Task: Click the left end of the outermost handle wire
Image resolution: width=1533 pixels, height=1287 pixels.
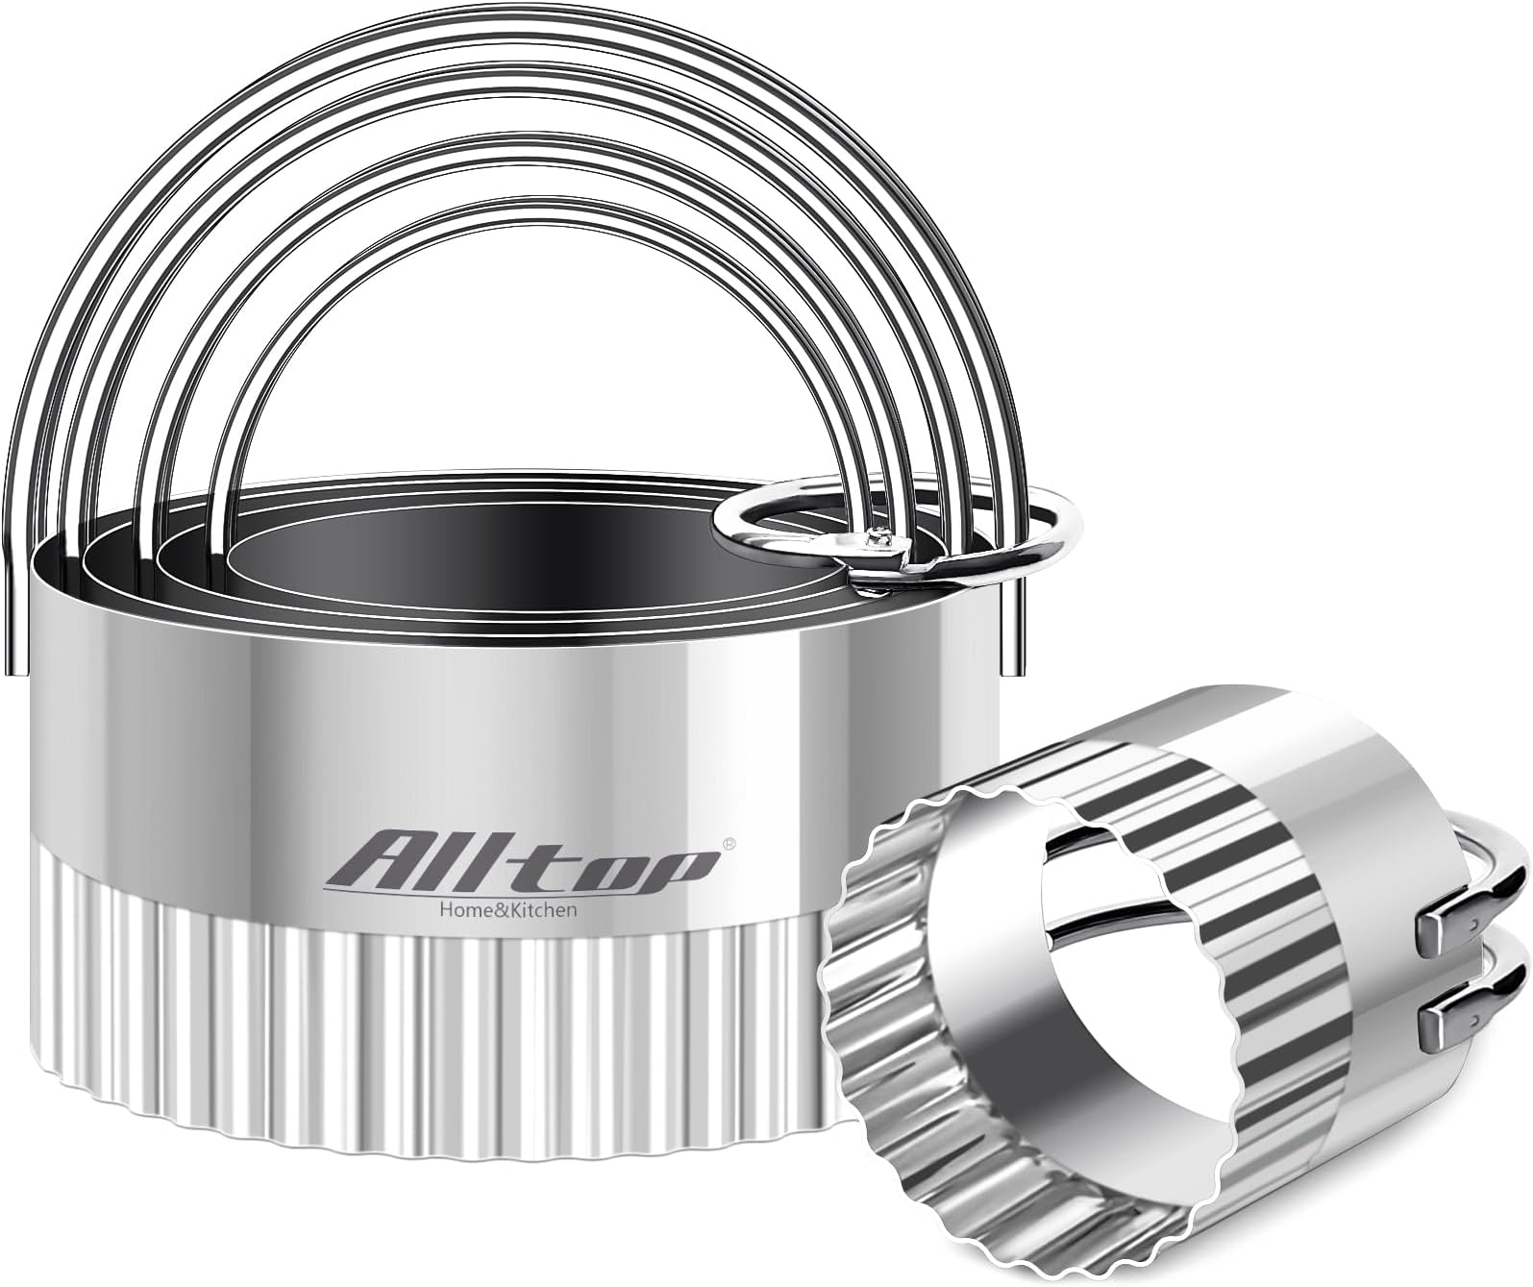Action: pyautogui.click(x=13, y=625)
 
